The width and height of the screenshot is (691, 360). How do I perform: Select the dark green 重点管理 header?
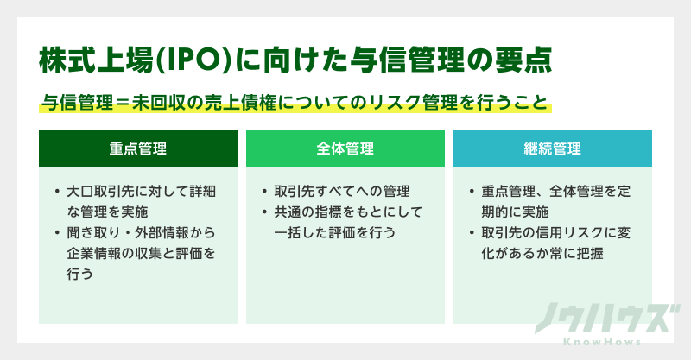tap(138, 148)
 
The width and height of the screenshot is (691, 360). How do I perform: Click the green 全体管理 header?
tap(345, 148)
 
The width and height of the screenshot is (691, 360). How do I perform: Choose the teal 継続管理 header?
tap(553, 148)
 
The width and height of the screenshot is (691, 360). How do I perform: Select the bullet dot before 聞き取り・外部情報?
tap(57, 232)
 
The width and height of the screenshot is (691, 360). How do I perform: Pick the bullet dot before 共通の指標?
tap(264, 212)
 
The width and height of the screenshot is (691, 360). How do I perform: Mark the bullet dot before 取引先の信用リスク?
tap(472, 232)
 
